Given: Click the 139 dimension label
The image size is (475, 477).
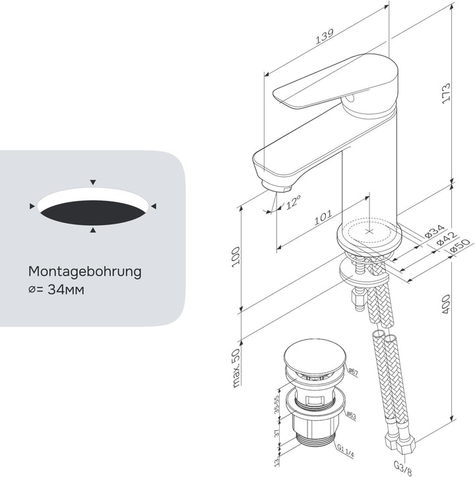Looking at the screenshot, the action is [325, 36].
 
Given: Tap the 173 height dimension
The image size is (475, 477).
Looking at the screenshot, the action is [446, 93].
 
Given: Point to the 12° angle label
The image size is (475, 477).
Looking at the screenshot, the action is [293, 202].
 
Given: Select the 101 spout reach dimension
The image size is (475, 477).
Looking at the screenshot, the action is [323, 217].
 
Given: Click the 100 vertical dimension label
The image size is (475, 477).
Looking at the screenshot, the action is [236, 257].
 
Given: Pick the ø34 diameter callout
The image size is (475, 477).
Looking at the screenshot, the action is [435, 231].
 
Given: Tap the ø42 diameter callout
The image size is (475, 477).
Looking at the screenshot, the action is [447, 239].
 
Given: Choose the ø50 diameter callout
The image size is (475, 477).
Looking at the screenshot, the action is [460, 246].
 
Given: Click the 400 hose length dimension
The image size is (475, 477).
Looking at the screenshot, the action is [446, 305].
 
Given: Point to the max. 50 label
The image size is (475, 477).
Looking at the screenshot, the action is [236, 367].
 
